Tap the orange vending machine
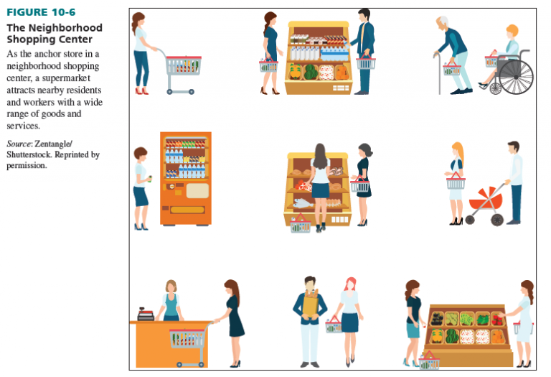point(185,178)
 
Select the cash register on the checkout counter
point(146,314)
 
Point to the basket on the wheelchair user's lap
point(491,61)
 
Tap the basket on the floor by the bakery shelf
point(301,225)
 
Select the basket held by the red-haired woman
point(334,326)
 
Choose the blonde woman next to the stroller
point(456,182)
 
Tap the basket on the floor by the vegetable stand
point(429,362)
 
